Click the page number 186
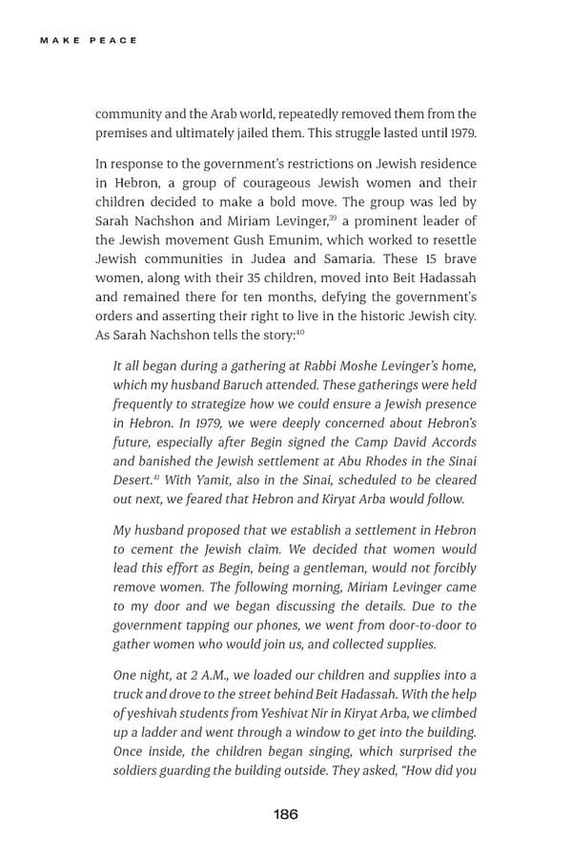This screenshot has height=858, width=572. coord(285,814)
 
